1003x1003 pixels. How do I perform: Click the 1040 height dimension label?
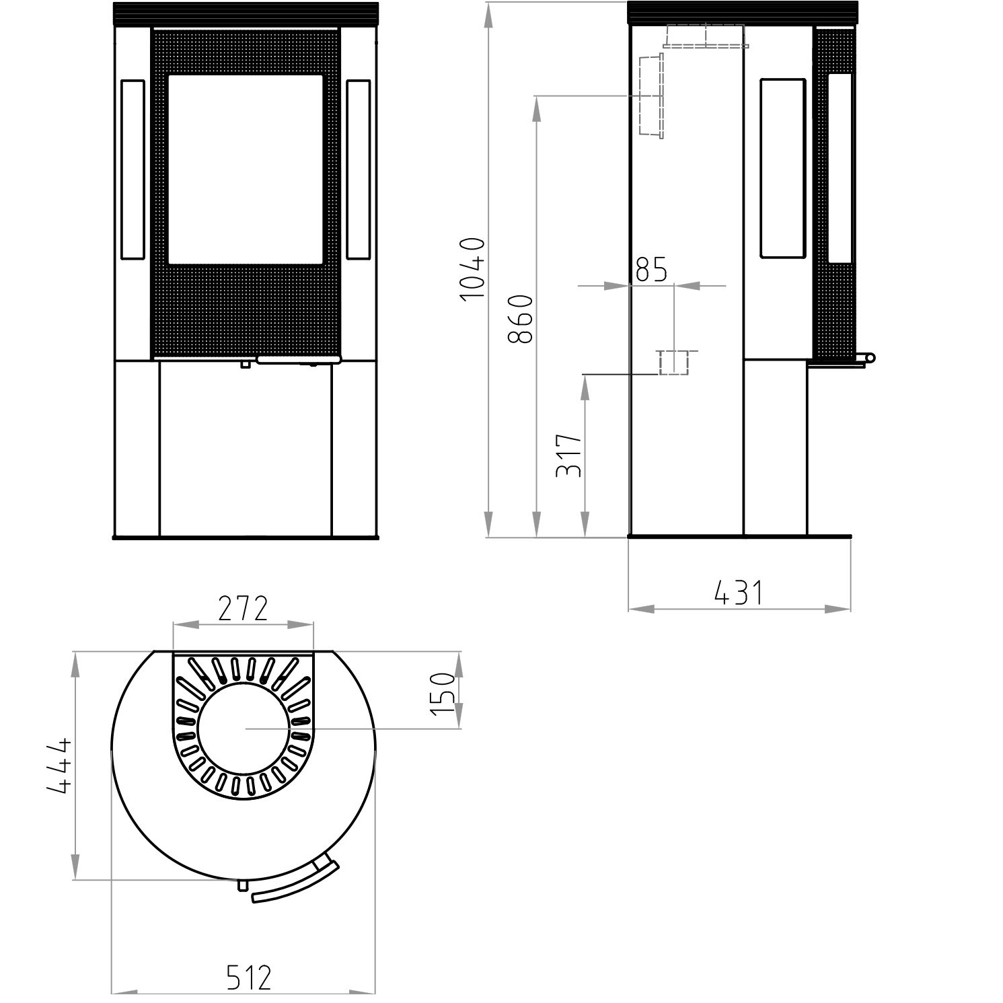coord(474,268)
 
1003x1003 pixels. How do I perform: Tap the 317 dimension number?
coord(569,455)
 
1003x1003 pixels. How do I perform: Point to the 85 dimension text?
coord(651,270)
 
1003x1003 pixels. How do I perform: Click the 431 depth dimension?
coord(739,593)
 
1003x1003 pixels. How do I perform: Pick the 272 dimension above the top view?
coord(243,609)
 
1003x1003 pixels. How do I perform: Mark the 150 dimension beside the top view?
coord(443,694)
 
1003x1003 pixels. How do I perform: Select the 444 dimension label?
coord(59,767)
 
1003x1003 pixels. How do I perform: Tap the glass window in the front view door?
coord(246,168)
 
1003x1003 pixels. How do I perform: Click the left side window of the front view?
coord(132,170)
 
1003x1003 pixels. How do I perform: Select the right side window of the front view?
coord(359,170)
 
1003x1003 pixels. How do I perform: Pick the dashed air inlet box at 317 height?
coord(673,363)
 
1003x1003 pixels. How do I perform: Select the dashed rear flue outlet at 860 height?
coord(651,96)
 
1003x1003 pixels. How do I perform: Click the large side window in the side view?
coord(782,168)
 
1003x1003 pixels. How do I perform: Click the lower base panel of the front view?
coord(246,448)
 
